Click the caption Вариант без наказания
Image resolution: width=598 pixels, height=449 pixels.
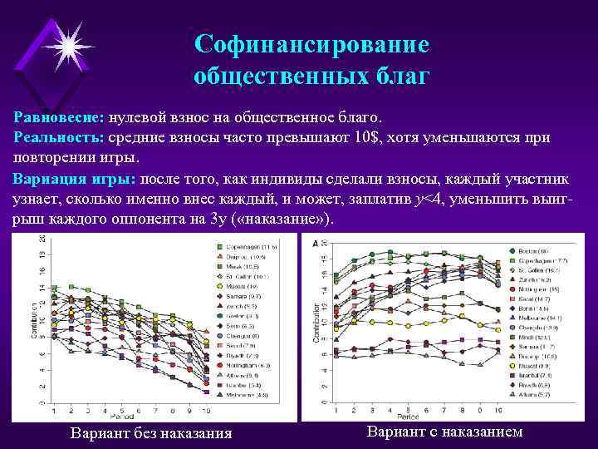point(151,433)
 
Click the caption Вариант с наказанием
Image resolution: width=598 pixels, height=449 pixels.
point(444,432)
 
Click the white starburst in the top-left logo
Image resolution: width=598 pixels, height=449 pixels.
point(66,42)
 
